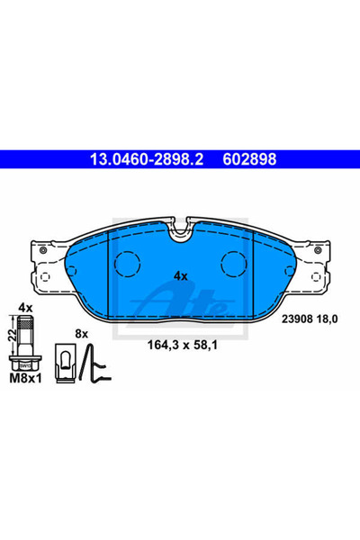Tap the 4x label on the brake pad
[180, 276]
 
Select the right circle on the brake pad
[235, 264]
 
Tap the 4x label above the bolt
[24, 309]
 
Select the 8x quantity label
[82, 333]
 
